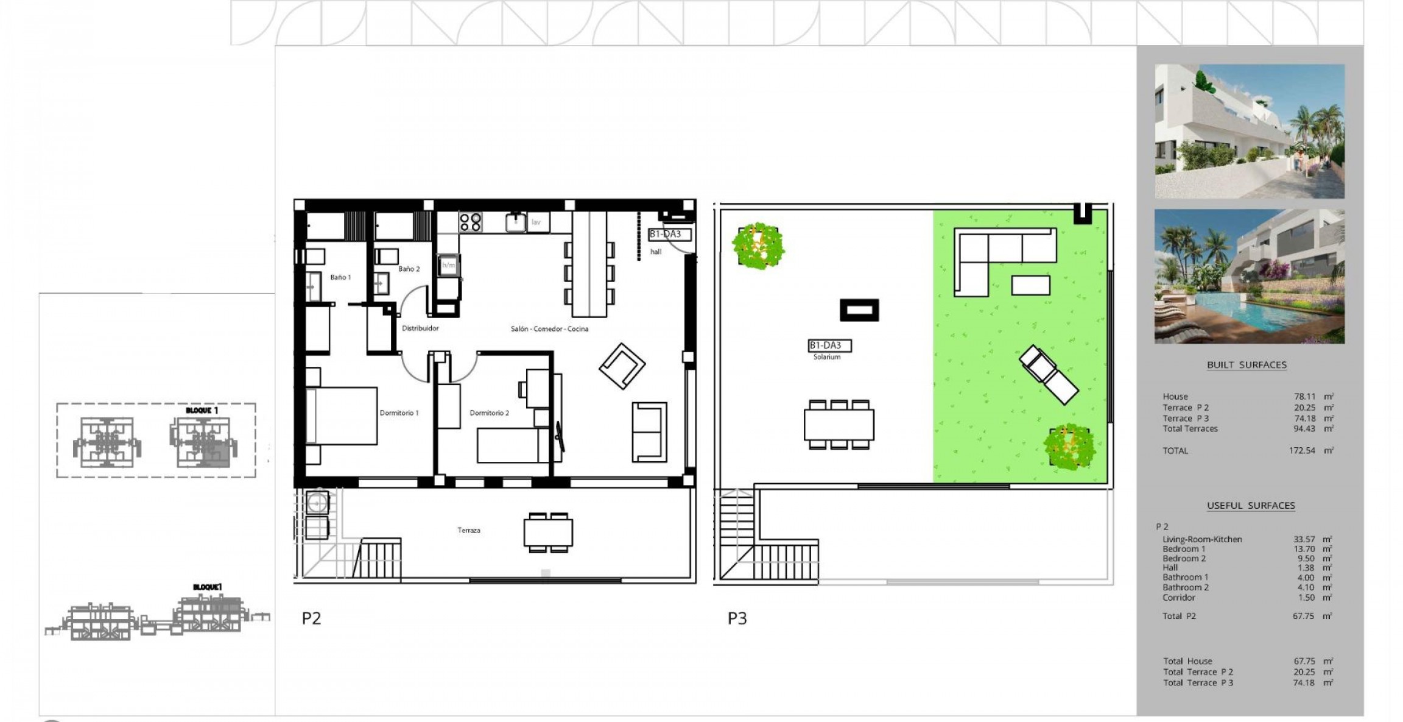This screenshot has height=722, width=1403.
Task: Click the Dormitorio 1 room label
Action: (399, 413)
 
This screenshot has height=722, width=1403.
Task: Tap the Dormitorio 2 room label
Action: (489, 413)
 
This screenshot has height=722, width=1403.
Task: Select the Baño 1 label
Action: (340, 277)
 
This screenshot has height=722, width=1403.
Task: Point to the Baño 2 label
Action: (409, 269)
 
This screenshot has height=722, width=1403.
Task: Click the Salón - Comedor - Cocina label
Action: (549, 329)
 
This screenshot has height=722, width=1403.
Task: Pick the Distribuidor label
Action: (420, 328)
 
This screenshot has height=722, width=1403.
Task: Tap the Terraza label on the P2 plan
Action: (469, 530)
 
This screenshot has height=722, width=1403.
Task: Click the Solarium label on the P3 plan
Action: (826, 357)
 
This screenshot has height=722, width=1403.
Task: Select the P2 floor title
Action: (311, 618)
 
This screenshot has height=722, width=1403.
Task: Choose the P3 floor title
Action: (737, 618)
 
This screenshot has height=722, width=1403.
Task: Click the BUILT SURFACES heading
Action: (1247, 365)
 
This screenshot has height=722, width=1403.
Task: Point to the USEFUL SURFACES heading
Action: (1251, 506)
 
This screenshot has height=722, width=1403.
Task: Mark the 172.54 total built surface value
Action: (1302, 451)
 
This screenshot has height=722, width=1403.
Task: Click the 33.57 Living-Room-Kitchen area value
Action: (1304, 539)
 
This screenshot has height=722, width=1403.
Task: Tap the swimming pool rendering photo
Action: (1249, 277)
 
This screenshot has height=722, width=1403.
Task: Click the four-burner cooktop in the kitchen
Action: (469, 222)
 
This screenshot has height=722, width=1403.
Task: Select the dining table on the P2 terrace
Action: (548, 532)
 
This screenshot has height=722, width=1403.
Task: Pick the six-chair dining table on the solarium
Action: (839, 425)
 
